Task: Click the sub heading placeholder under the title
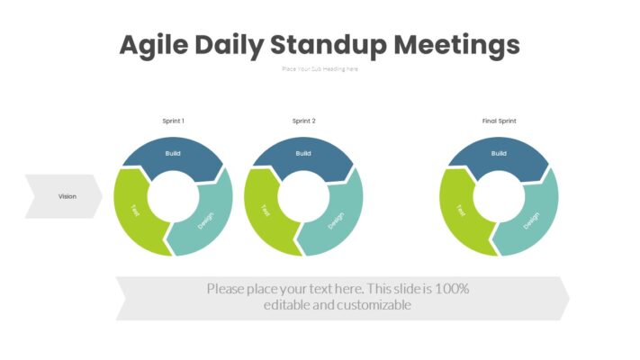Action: click(x=320, y=68)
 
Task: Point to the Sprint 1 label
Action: click(x=173, y=121)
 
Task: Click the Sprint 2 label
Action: click(x=303, y=121)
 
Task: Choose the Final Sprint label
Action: click(x=499, y=121)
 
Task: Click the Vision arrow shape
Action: click(x=65, y=196)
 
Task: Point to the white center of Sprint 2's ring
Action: click(x=303, y=197)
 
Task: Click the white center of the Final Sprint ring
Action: click(x=499, y=197)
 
